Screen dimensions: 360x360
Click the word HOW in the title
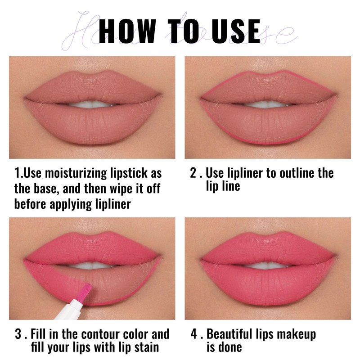(127, 31)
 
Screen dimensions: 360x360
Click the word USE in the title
(236, 31)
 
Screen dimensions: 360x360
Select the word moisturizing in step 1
(76, 174)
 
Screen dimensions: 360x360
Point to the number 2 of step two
(193, 173)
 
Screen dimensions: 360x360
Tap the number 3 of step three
(18, 334)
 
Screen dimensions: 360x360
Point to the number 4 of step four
(194, 334)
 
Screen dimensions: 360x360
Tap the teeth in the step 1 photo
(92, 104)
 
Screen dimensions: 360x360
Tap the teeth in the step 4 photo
(267, 265)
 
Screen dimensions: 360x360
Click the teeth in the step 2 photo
(267, 104)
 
